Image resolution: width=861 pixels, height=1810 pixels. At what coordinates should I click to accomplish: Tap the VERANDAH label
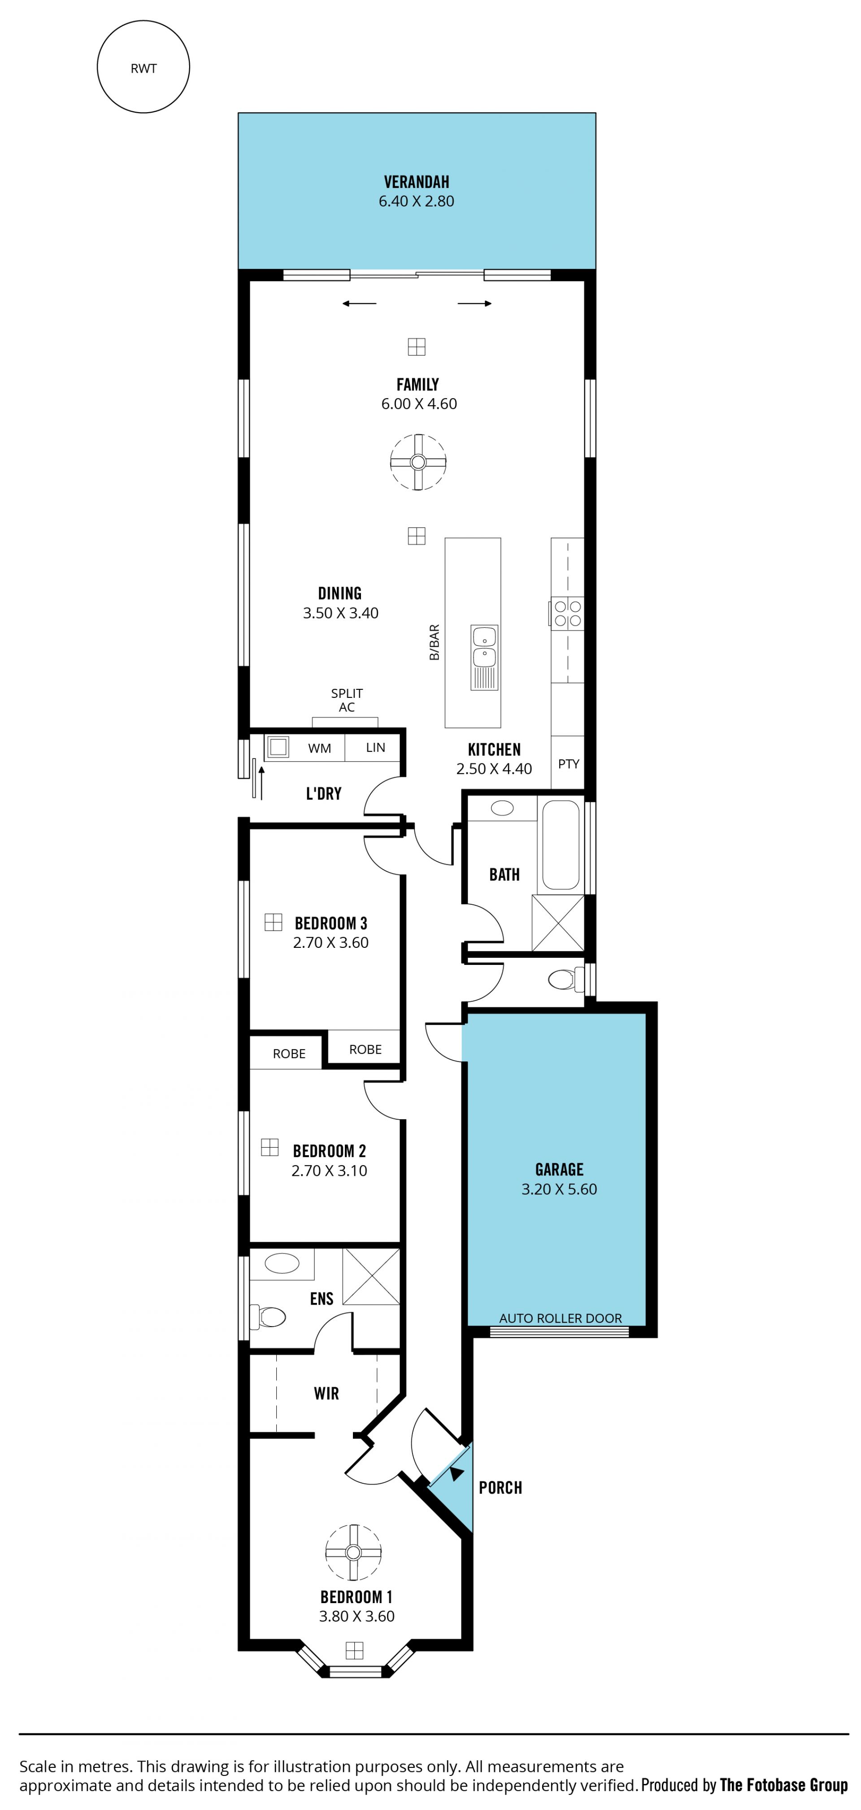click(417, 182)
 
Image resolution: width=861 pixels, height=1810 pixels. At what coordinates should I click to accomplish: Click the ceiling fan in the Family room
click(418, 462)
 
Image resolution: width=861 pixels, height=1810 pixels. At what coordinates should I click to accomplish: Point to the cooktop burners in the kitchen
click(567, 611)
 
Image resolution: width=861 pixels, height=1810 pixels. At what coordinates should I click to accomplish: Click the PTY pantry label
click(568, 764)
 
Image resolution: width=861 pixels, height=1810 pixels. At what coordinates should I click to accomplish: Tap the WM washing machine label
click(320, 748)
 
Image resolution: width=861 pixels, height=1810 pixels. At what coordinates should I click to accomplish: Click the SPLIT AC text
click(347, 700)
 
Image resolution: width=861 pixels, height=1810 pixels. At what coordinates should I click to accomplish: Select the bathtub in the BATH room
click(561, 845)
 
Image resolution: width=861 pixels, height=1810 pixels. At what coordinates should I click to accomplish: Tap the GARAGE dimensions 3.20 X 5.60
click(559, 1189)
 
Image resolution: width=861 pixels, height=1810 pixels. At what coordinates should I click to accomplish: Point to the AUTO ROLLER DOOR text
click(561, 1318)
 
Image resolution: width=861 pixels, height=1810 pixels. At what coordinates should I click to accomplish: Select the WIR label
click(326, 1394)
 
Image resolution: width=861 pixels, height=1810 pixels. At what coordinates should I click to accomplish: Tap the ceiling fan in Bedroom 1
click(353, 1552)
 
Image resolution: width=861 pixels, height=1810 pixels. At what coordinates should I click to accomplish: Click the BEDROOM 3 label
click(331, 923)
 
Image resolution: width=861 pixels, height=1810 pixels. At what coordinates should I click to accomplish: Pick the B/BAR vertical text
click(434, 642)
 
